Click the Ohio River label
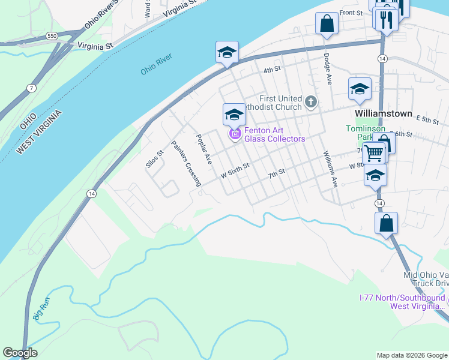point(157,64)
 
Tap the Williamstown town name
point(383,113)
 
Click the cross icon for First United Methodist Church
point(311,101)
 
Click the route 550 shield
point(53,37)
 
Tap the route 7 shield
point(31,89)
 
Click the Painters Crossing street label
point(185,164)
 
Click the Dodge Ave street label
point(327,70)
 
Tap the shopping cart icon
point(374,153)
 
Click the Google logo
point(20,353)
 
